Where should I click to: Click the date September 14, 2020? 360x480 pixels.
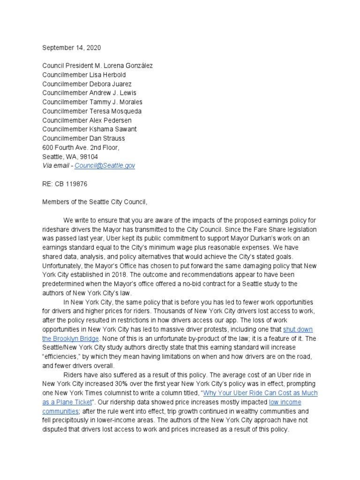(x=71, y=48)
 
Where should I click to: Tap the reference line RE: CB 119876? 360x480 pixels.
(x=65, y=184)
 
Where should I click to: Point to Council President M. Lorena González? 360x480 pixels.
(x=97, y=66)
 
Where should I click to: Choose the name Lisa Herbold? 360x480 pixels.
(x=109, y=75)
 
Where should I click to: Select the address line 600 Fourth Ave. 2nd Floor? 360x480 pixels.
(x=81, y=148)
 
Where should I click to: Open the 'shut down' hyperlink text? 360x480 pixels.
(x=298, y=330)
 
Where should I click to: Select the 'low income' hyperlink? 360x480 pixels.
(x=285, y=402)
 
